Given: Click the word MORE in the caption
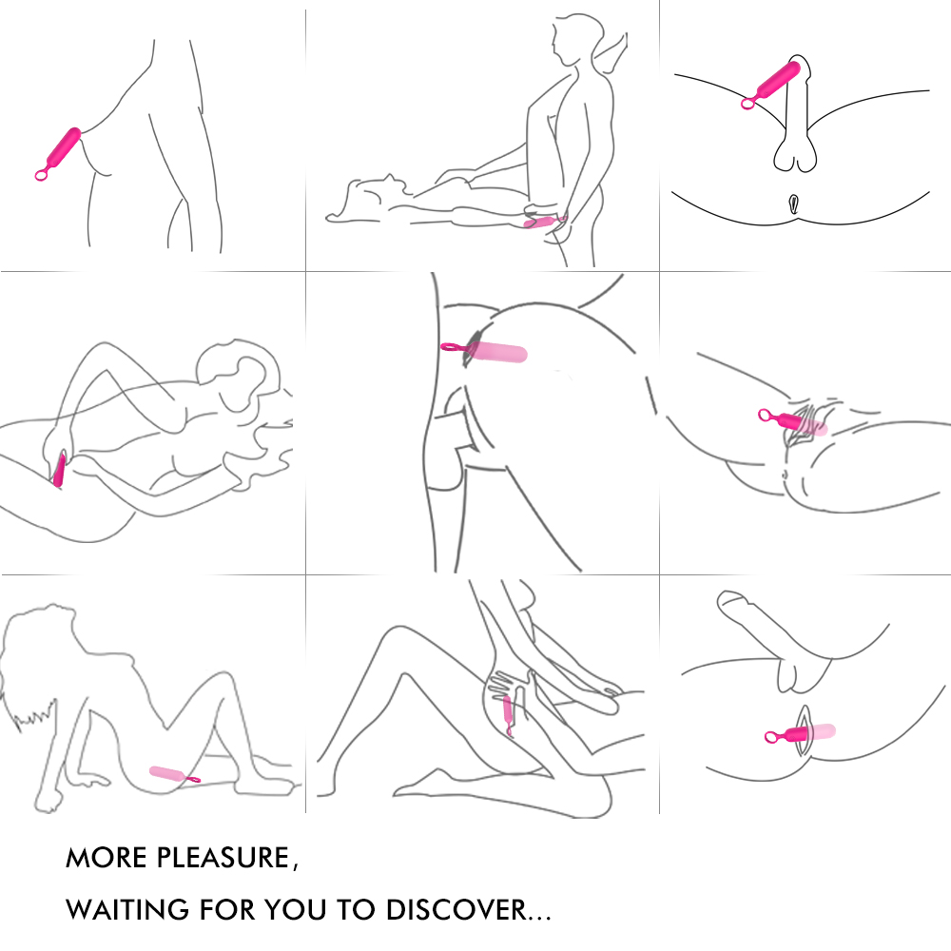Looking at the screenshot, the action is coord(106,858).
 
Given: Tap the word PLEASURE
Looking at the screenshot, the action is coord(223,858).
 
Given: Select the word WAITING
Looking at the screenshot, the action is coord(126,910).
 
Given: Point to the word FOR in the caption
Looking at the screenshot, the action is coord(226,910).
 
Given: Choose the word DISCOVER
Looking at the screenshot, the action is coord(456,910).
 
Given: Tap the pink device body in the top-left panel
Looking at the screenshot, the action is coord(64,148).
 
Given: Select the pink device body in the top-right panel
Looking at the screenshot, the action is coord(778,80).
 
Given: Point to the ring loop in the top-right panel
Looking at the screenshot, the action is coord(747,104).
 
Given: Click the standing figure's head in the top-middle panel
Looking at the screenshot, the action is coord(577,38).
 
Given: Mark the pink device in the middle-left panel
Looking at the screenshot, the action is coord(59,469).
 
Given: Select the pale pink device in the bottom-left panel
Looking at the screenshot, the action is coord(165,773).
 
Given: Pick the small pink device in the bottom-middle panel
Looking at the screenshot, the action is coord(508,714).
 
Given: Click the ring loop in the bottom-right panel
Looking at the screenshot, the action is coord(770,737).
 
